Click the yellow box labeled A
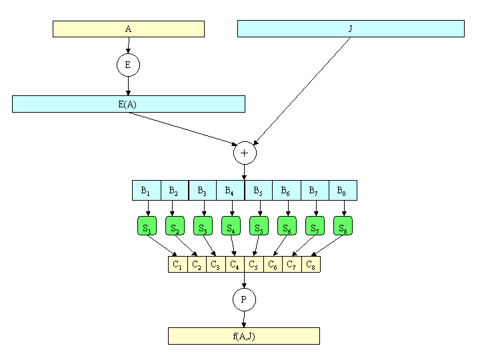coord(129,29)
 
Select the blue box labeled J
coord(351,29)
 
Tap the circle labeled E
coord(128,65)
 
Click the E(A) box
coord(129,104)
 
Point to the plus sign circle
coord(245,153)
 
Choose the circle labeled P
coord(244,299)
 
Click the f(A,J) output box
coord(244,336)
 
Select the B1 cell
coord(146,191)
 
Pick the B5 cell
coord(259,191)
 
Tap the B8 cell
coord(343,191)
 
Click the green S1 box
coord(147,226)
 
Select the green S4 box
coord(231,226)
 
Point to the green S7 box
coord(315,226)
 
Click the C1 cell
coord(178,265)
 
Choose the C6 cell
coord(273,265)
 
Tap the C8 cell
coord(311,265)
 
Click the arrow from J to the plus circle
coord(302,91)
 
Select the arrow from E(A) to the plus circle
coord(183,129)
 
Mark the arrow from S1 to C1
coord(163,246)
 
